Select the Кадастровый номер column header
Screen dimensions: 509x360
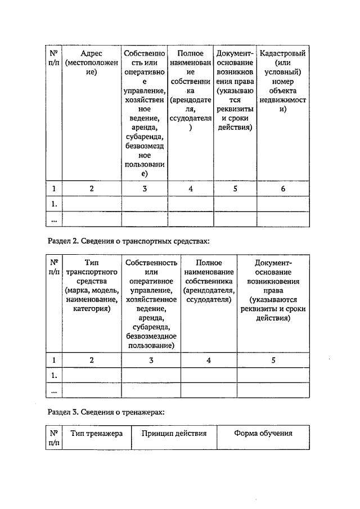click(283, 81)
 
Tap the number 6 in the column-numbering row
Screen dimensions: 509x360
click(283, 189)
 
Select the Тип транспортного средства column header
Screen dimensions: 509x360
click(91, 285)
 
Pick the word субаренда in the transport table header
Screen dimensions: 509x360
click(151, 327)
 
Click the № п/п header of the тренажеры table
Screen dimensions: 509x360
click(55, 438)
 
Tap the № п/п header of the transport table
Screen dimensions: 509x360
click(55, 267)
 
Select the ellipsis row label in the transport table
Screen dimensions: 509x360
click(55, 390)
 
